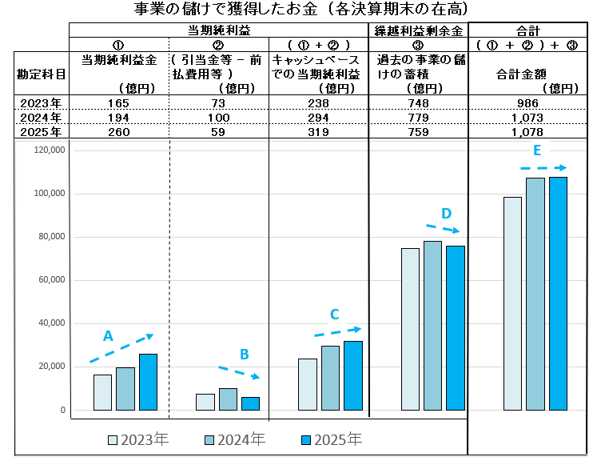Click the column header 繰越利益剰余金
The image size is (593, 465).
(x=418, y=31)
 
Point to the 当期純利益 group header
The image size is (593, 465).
(x=217, y=31)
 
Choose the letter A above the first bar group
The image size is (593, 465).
(x=108, y=336)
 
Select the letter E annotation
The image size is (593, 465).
(x=537, y=150)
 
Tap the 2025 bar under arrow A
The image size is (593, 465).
(x=148, y=382)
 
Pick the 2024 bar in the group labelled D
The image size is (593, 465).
(x=432, y=325)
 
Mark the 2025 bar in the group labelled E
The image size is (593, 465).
(x=558, y=293)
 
